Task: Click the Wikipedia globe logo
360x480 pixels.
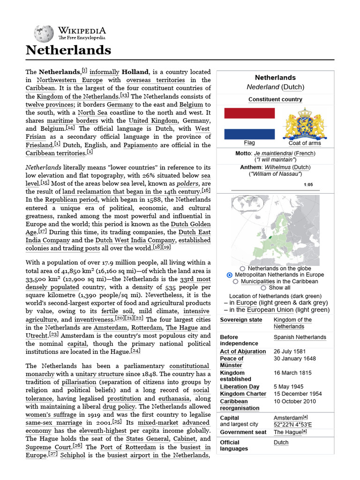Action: pyautogui.click(x=44, y=33)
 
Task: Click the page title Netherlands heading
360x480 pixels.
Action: pyautogui.click(x=68, y=50)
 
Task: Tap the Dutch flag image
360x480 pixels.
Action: pyautogui.click(x=249, y=123)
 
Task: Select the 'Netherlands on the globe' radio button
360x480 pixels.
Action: pyautogui.click(x=242, y=269)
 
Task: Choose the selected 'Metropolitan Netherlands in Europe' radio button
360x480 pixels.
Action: pyautogui.click(x=229, y=275)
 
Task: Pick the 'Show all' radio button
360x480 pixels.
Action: pyautogui.click(x=263, y=288)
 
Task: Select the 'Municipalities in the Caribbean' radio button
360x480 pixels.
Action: pyautogui.click(x=236, y=281)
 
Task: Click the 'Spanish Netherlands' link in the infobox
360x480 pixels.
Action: pyautogui.click(x=300, y=337)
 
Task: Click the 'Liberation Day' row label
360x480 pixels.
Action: pyautogui.click(x=240, y=387)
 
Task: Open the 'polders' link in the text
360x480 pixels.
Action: pyautogui.click(x=187, y=183)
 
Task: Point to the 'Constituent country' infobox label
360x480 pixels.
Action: pyautogui.click(x=275, y=99)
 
